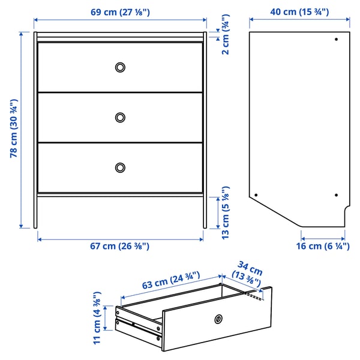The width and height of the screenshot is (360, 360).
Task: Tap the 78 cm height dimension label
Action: pos(13,128)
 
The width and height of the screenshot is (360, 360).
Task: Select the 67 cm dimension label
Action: pos(120,246)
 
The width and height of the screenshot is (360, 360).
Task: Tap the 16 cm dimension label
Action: pos(323,246)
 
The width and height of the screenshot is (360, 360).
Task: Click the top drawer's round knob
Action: pos(120,67)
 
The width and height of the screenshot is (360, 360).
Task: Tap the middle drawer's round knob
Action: pos(120,116)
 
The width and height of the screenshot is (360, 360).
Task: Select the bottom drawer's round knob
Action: pos(120,167)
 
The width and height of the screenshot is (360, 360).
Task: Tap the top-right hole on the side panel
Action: pos(336,40)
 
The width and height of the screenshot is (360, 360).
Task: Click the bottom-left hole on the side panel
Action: pos(256,195)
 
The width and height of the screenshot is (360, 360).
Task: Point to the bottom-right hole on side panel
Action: pos(336,195)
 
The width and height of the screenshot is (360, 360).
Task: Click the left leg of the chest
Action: pos(35,210)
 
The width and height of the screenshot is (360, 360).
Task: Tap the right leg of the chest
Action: pos(205,210)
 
